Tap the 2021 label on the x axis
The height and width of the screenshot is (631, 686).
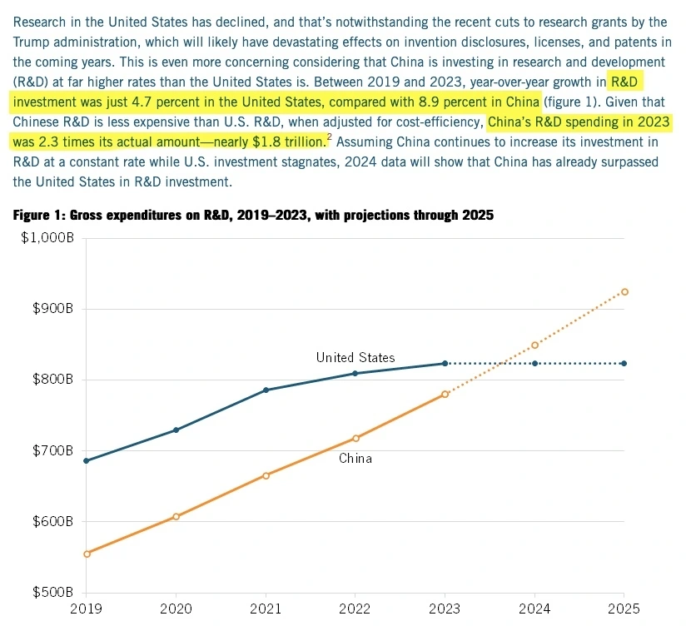(266, 609)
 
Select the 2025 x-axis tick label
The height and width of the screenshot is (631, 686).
(624, 609)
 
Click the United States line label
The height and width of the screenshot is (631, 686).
(355, 358)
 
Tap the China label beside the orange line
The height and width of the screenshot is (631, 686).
(355, 459)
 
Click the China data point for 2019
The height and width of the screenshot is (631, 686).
(87, 554)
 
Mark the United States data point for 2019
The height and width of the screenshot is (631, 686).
(87, 460)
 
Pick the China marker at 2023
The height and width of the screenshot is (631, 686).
(445, 394)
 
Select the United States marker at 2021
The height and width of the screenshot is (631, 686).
(266, 390)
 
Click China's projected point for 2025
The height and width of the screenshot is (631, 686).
(624, 291)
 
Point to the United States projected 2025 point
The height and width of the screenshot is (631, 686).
(624, 363)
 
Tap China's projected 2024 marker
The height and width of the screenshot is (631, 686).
(534, 345)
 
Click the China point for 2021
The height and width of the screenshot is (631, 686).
(266, 475)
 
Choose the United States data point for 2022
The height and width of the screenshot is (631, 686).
(355, 373)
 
